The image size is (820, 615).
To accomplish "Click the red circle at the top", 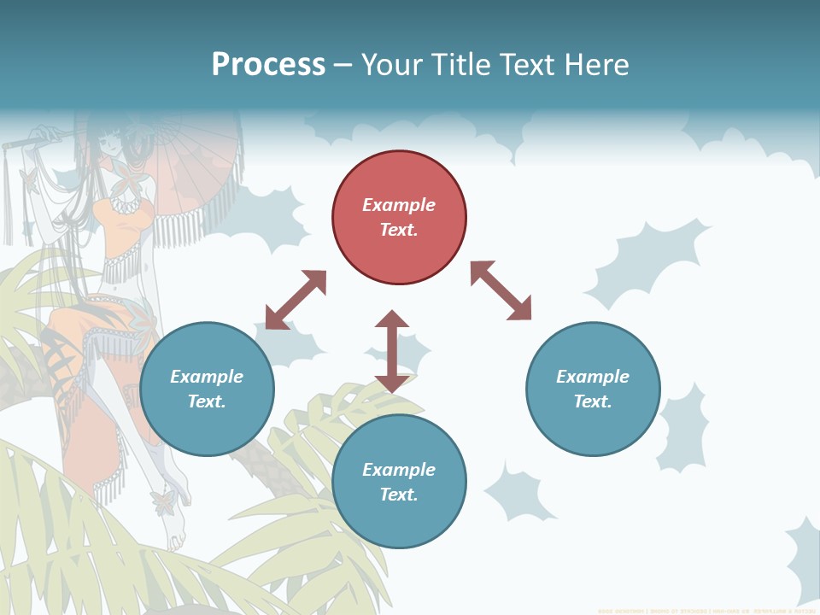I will pyautogui.click(x=399, y=218).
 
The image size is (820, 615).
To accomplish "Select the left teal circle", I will pyautogui.click(x=207, y=389).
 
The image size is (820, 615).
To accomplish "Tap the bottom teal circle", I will pyautogui.click(x=399, y=482).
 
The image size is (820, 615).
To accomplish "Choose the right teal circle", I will pyautogui.click(x=593, y=389).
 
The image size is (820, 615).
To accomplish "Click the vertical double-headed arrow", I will pyautogui.click(x=392, y=351).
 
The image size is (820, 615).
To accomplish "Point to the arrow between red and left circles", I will pyautogui.click(x=296, y=300).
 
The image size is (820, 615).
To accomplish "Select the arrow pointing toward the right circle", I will pyautogui.click(x=501, y=290).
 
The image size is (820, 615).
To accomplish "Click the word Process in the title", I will pyautogui.click(x=268, y=64).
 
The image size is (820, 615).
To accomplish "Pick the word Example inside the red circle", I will pyautogui.click(x=399, y=205).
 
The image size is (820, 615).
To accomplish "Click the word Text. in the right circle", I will pyautogui.click(x=593, y=401).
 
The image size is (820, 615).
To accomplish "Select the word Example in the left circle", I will pyautogui.click(x=207, y=377).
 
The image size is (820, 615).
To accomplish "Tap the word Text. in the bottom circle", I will pyautogui.click(x=399, y=495).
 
